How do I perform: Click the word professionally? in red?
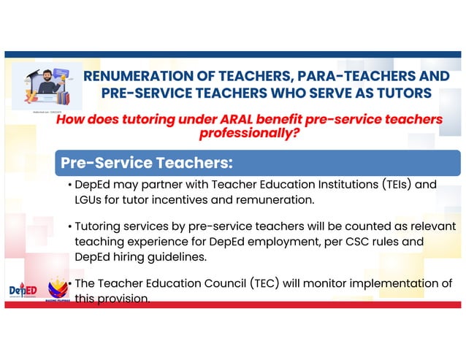(x=248, y=134)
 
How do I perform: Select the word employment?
(x=290, y=242)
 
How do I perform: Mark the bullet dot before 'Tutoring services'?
(x=69, y=227)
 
